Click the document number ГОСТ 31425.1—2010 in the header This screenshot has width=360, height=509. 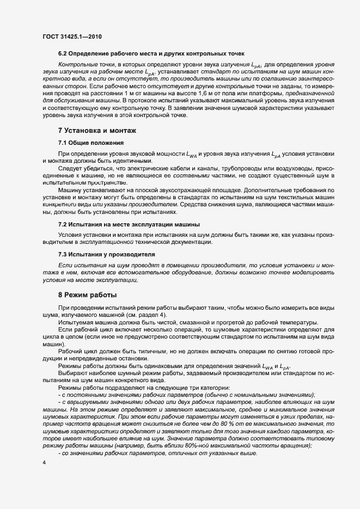(x=71, y=36)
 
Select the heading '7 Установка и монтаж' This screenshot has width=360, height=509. (x=96, y=131)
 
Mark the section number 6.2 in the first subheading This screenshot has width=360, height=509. (x=62, y=53)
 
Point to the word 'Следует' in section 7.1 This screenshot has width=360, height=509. (x=69, y=168)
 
